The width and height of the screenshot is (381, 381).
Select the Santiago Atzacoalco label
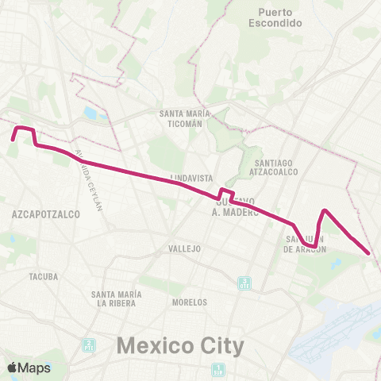pyautogui.click(x=271, y=167)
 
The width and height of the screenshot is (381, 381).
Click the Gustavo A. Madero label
pyautogui.click(x=237, y=208)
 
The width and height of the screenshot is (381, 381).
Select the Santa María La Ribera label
pyautogui.click(x=116, y=298)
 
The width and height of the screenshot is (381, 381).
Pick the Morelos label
pyautogui.click(x=190, y=302)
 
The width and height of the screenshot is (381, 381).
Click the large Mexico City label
pyautogui.click(x=180, y=345)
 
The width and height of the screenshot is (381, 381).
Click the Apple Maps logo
pyautogui.click(x=29, y=368)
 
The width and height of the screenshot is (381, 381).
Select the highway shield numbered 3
pyautogui.click(x=245, y=282)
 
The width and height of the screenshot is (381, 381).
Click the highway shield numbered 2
pyautogui.click(x=89, y=345)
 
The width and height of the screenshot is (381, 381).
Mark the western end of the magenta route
pyautogui.click(x=13, y=140)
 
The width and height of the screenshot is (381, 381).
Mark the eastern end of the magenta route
pyautogui.click(x=369, y=253)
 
